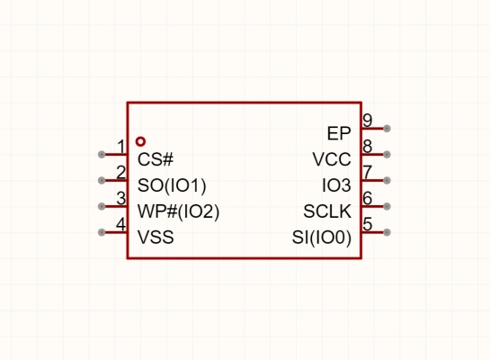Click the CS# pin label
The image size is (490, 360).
click(x=156, y=159)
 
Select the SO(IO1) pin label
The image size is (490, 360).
click(x=172, y=185)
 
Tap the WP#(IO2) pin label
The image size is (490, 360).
click(x=178, y=211)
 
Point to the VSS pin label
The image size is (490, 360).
click(x=156, y=237)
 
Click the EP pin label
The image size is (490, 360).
click(x=339, y=133)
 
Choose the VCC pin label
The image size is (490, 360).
click(x=332, y=159)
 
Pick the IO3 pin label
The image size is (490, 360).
click(x=336, y=185)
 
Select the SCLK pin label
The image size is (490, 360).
click(x=327, y=211)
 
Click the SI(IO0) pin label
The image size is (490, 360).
click(x=322, y=238)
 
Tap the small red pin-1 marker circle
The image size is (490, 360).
click(x=140, y=141)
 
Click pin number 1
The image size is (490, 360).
click(x=121, y=147)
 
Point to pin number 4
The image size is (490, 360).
click(x=121, y=224)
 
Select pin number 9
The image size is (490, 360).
click(x=368, y=121)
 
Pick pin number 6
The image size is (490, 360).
click(x=368, y=198)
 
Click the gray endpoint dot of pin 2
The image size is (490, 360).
click(x=102, y=181)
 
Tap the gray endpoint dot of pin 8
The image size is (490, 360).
click(x=387, y=154)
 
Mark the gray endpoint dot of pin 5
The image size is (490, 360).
click(x=387, y=232)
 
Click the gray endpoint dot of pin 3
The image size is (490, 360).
click(x=102, y=206)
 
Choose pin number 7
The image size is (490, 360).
click(x=368, y=172)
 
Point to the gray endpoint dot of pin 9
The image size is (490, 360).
click(x=387, y=128)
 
